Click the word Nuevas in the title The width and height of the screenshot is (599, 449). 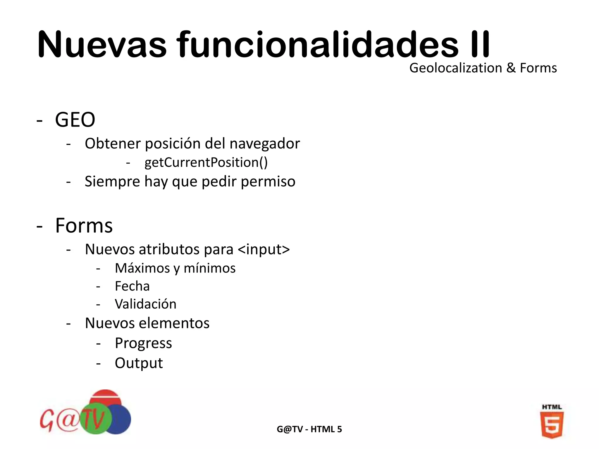(x=102, y=45)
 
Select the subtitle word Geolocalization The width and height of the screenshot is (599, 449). (x=455, y=68)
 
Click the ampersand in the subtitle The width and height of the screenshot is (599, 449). (x=511, y=68)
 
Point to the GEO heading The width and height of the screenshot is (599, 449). (x=75, y=120)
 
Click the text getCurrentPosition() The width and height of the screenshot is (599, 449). (x=206, y=163)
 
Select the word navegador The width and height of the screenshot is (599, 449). (x=265, y=144)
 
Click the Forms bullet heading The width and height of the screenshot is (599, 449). (x=84, y=226)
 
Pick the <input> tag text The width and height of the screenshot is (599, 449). (x=264, y=249)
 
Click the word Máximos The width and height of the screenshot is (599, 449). (x=142, y=268)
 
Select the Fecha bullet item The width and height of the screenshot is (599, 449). (x=132, y=286)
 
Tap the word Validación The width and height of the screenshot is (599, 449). (x=146, y=304)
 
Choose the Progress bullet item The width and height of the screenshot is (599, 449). (x=143, y=343)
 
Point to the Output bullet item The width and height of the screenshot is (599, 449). (x=139, y=363)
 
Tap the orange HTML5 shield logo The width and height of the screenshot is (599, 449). (x=552, y=422)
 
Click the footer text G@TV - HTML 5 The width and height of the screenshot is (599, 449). (x=309, y=429)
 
